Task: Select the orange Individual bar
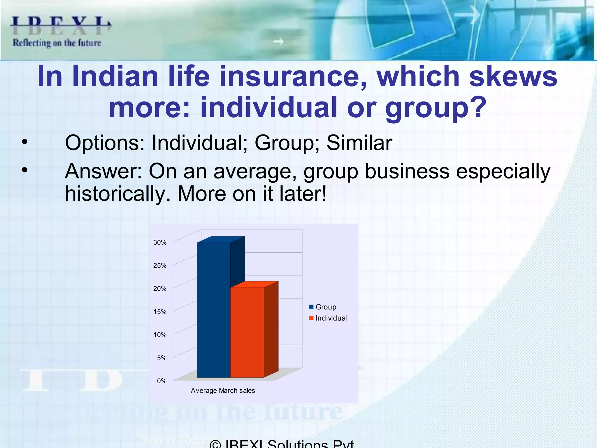coord(247,332)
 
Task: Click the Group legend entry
coord(323,307)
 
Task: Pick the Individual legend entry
coord(328,318)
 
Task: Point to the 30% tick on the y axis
coord(160,243)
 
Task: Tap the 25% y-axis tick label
coord(160,266)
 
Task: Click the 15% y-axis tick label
coord(160,312)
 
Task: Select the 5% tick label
coord(161,358)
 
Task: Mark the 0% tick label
coord(161,381)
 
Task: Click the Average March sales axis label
coord(223,391)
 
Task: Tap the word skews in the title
coord(513,76)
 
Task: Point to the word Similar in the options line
coord(359,143)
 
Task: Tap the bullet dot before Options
coord(25,142)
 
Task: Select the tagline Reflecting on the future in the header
coord(57,43)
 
